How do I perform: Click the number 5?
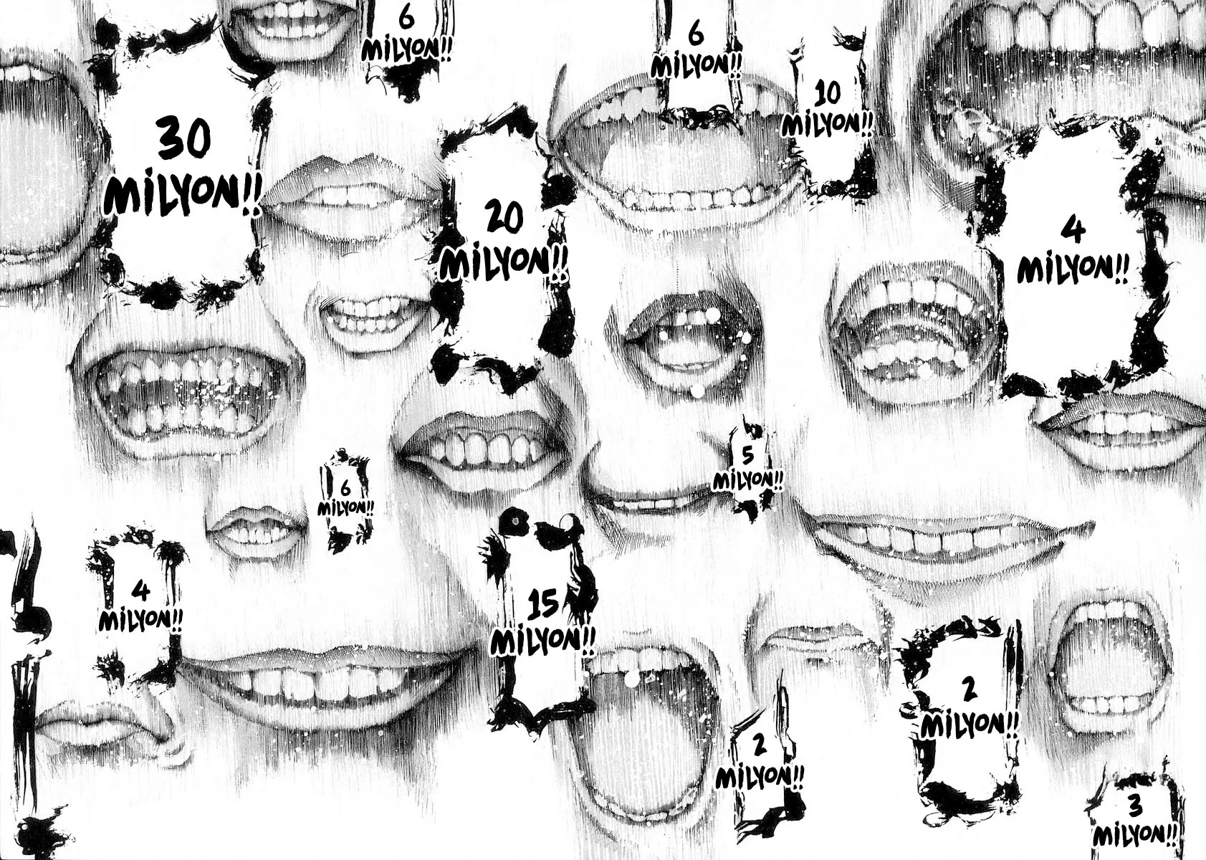[747, 456]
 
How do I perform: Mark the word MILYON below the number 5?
[742, 479]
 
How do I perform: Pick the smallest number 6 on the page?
[345, 489]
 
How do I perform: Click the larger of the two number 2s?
[969, 690]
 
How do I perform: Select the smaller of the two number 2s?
[760, 745]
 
